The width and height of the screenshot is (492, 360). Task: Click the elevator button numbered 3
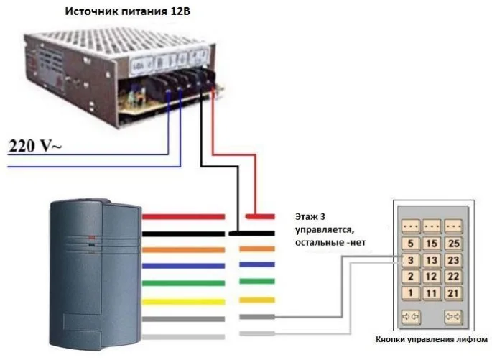[x=409, y=260]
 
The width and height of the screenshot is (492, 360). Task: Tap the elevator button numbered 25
[x=454, y=244]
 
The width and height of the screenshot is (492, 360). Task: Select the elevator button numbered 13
[x=431, y=260]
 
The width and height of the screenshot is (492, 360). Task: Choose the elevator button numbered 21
[x=454, y=293]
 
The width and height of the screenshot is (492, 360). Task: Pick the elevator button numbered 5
[x=409, y=244]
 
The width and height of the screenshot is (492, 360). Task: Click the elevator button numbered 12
[x=431, y=277]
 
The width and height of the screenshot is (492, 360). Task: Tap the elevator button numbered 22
[x=454, y=277]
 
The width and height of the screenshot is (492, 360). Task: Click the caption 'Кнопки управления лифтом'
[x=432, y=339]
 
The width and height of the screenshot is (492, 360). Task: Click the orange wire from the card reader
[x=183, y=249]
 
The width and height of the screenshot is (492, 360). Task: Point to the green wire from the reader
[x=183, y=282]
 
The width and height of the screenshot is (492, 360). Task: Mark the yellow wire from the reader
[x=183, y=300]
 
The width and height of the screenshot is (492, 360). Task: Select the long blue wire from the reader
[x=183, y=266]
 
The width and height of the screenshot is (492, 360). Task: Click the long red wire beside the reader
[x=183, y=216]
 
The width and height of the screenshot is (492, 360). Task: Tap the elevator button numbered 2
[x=409, y=277]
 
